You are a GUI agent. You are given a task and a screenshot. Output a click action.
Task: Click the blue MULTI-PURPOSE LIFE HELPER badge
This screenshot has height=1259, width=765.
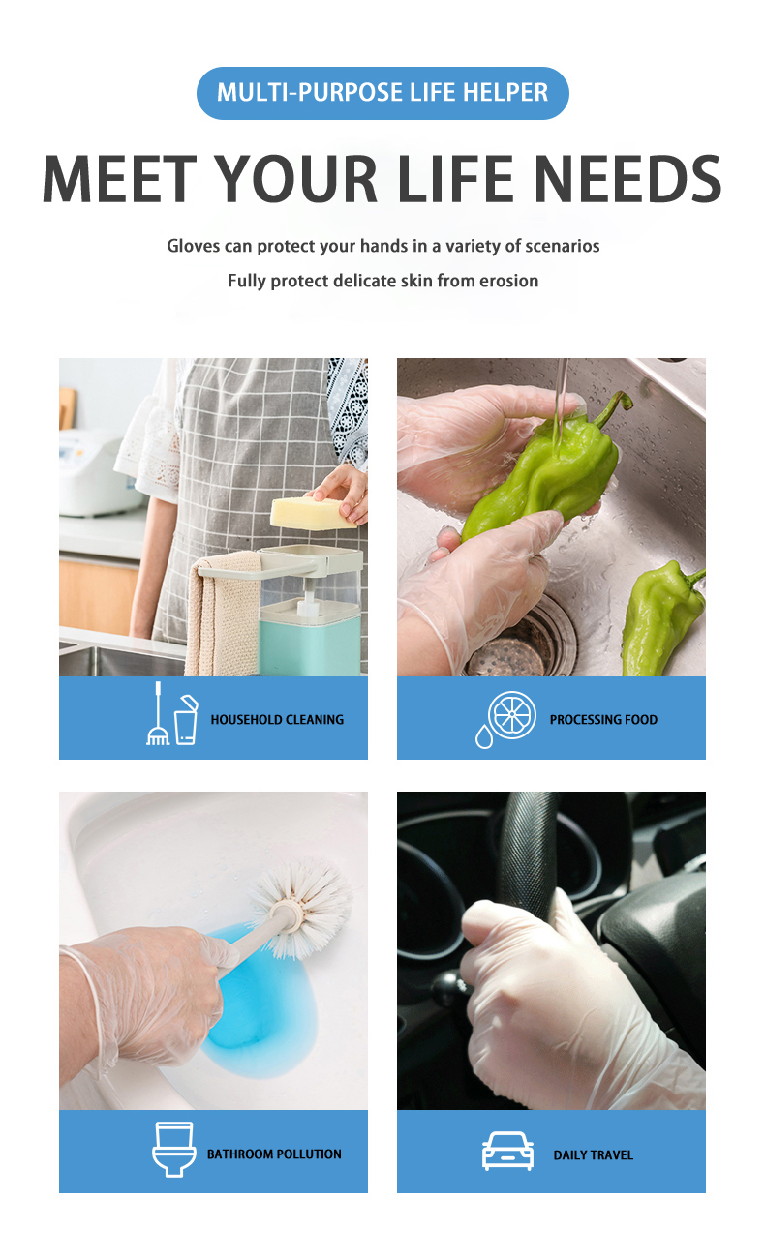[382, 93]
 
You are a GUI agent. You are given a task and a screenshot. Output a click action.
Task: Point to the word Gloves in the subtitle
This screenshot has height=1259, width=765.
[194, 246]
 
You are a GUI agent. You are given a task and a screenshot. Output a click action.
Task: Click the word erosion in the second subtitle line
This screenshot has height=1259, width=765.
[508, 281]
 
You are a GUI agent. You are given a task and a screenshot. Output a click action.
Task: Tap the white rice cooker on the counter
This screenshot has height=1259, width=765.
[93, 474]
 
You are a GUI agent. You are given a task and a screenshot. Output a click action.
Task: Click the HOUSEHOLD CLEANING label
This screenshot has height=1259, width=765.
[277, 720]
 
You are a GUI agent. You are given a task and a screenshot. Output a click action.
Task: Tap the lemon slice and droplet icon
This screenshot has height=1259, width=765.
[504, 719]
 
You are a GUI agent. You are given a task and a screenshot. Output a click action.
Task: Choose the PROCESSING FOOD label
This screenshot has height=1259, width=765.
[603, 720]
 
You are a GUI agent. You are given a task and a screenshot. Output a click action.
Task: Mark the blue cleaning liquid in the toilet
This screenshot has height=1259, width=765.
[261, 1006]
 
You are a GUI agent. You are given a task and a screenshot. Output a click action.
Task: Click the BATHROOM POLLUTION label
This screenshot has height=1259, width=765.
[274, 1154]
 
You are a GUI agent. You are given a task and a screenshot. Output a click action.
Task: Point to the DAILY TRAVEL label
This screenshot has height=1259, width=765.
[593, 1155]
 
